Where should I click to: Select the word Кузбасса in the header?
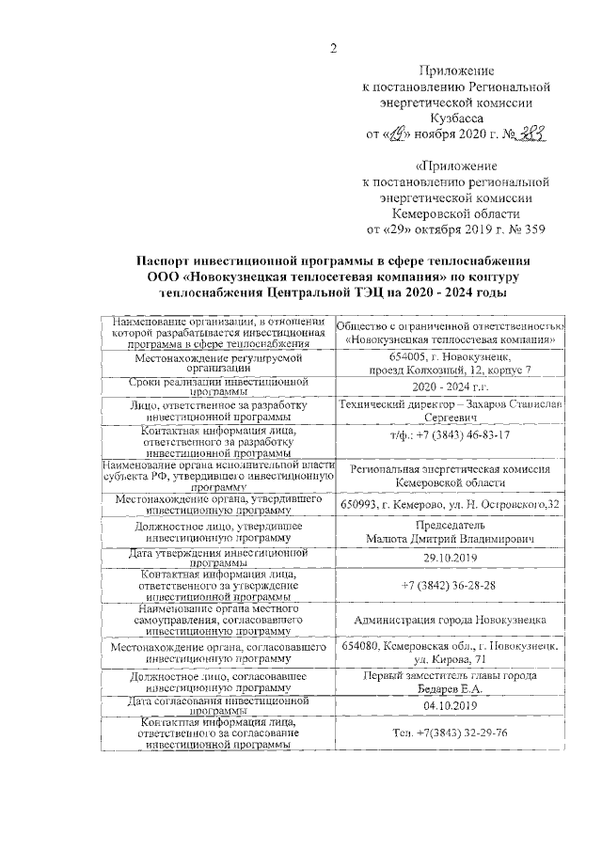[x=455, y=119]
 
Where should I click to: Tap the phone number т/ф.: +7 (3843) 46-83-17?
[x=450, y=436]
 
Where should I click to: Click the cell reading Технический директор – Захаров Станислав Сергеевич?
[x=450, y=410]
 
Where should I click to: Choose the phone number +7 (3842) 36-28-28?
[x=450, y=584]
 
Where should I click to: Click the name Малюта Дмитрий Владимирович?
[x=451, y=539]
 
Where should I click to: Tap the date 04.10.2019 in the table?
[x=451, y=705]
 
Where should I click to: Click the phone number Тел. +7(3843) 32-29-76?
[x=451, y=733]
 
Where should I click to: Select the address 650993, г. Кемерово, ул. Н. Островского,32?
[x=451, y=504]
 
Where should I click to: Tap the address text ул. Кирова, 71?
[x=451, y=661]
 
